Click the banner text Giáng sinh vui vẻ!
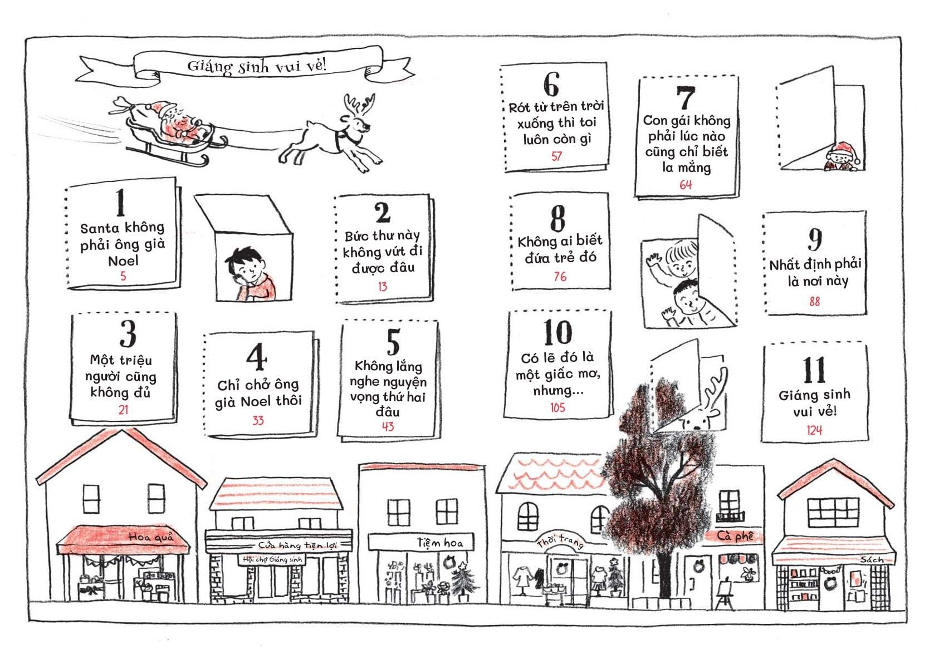pos(256,66)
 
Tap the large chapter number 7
pos(686,99)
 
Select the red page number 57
pos(556,156)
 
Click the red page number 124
pos(814,430)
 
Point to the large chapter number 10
pos(557,332)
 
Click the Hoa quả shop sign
pos(150,537)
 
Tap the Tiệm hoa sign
pos(440,543)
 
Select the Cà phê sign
pos(735,536)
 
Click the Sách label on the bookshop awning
pos(872,559)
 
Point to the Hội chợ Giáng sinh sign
pos(272,559)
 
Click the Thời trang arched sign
pos(560,542)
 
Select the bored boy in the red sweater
pos(251,274)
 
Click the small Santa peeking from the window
pos(842,157)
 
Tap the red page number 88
pos(814,301)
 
